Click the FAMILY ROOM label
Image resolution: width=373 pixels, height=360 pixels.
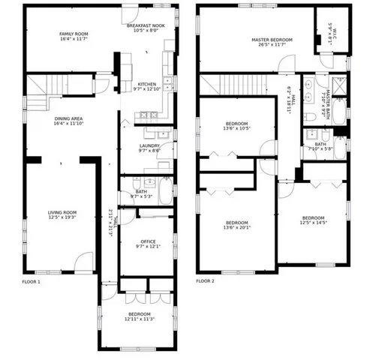[x=74, y=34]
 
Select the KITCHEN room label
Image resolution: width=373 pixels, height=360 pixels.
[x=146, y=85]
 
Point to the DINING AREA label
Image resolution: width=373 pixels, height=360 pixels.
[x=68, y=118]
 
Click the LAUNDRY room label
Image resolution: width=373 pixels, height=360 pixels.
[x=149, y=146]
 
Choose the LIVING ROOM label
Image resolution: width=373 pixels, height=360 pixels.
[x=63, y=212]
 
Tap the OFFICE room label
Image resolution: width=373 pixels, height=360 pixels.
[x=148, y=241]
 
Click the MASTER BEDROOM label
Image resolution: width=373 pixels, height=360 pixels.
[x=272, y=40]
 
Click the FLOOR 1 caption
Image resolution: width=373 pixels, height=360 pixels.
[x=32, y=281]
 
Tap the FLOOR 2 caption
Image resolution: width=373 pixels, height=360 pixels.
[x=205, y=281]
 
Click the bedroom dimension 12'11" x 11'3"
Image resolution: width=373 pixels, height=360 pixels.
[x=140, y=319]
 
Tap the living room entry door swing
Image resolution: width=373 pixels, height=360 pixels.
[x=84, y=262]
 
